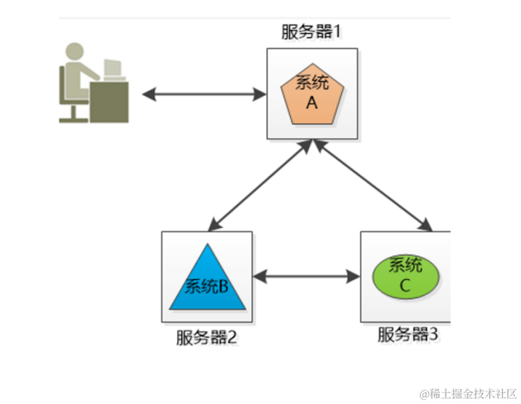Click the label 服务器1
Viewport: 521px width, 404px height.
311,32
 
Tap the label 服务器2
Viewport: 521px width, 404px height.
206,338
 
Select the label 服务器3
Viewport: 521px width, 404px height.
407,335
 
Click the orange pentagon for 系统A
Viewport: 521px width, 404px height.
311,94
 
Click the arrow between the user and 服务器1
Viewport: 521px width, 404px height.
204,94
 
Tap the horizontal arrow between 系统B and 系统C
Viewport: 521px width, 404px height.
306,276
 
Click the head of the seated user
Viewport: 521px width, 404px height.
75,52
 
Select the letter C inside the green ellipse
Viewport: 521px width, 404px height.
405,285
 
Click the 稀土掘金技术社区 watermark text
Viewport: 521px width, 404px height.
464,393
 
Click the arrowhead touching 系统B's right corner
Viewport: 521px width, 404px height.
259,276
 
